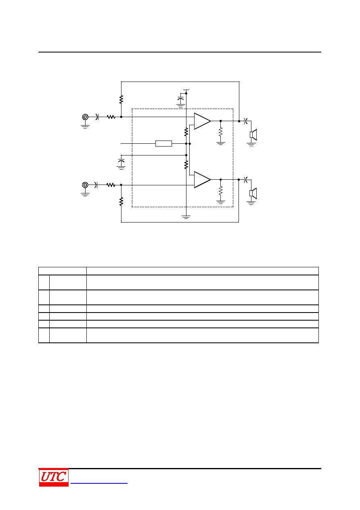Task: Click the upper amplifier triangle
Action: (x=202, y=121)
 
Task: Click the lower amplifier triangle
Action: (x=202, y=180)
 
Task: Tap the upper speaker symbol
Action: (x=253, y=134)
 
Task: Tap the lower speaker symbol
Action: (x=253, y=193)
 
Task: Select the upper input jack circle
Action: (x=85, y=117)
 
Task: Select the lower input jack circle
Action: (x=85, y=185)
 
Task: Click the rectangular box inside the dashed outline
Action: (x=163, y=144)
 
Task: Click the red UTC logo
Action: (x=54, y=477)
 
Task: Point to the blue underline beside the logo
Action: (x=99, y=483)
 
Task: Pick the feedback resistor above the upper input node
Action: (x=121, y=99)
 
